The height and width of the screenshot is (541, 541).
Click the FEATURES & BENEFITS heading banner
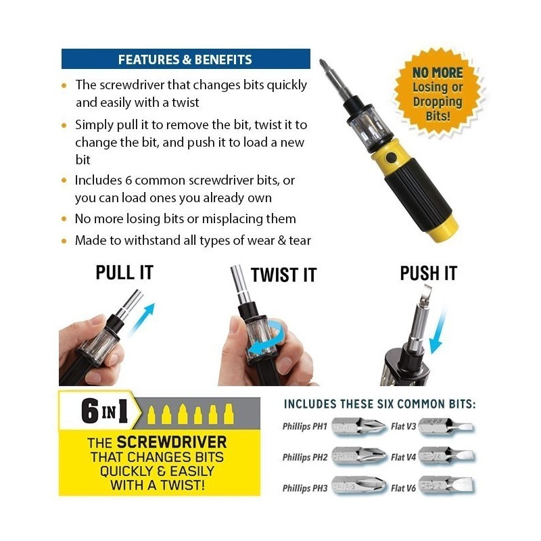click(185, 59)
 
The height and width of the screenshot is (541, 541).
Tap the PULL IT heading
click(124, 273)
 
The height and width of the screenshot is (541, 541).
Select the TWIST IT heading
click(283, 275)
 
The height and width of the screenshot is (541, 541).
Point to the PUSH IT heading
click(429, 273)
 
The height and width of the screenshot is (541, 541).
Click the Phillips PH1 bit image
click(358, 427)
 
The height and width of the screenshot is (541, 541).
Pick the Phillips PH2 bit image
click(358, 456)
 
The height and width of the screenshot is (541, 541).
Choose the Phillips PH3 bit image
click(358, 486)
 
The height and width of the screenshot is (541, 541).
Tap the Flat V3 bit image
click(446, 427)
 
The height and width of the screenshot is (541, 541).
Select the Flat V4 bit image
click(446, 456)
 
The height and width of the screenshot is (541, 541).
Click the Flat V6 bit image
click(446, 486)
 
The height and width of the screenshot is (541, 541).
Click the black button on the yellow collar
click(391, 158)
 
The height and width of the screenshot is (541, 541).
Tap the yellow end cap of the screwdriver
click(443, 229)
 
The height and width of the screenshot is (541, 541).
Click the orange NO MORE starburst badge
click(438, 93)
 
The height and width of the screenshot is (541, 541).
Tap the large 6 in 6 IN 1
click(90, 411)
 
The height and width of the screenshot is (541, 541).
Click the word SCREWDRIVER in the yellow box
click(172, 442)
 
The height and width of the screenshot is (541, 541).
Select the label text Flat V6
click(403, 488)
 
